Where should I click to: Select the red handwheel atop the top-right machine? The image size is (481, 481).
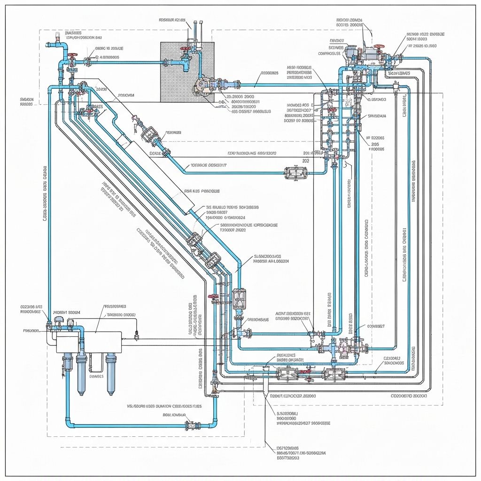(x=379, y=47)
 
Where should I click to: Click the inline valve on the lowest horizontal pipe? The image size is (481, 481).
(x=192, y=426)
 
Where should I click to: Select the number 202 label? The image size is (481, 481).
(x=306, y=160)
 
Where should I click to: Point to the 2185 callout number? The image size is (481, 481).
(x=375, y=144)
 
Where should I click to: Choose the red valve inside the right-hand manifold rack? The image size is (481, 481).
(x=333, y=111)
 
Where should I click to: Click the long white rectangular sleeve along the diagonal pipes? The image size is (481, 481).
(x=155, y=174)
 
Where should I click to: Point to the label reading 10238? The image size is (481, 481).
(x=101, y=88)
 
